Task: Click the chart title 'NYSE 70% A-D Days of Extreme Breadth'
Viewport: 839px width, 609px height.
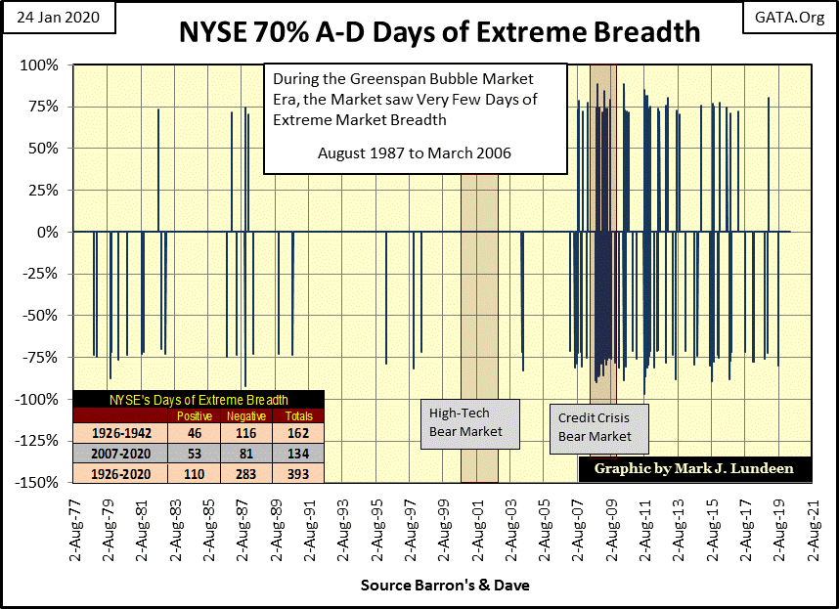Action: [439, 31]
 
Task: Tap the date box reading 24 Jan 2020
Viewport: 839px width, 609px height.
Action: [56, 17]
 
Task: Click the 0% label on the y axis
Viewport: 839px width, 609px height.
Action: [49, 233]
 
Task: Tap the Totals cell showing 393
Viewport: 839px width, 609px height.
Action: [294, 474]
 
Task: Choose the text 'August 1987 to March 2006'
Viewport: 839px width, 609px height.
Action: [415, 152]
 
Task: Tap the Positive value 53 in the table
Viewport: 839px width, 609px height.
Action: [194, 454]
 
